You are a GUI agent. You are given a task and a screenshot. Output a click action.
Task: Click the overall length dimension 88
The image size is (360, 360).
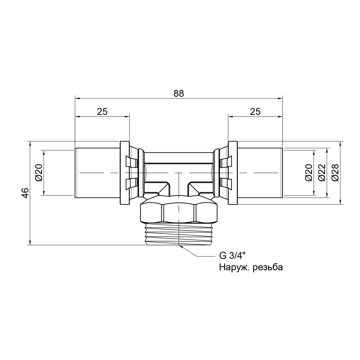[179, 93]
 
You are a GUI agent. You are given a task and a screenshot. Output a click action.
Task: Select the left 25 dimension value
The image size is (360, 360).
[102, 112]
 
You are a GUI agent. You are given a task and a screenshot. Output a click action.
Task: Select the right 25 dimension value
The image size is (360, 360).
[255, 112]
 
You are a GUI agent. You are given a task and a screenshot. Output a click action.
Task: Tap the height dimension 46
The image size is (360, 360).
[26, 193]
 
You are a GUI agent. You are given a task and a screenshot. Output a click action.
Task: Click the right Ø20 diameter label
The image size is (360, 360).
[309, 172]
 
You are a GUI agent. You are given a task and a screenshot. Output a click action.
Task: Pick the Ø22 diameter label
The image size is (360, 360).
[322, 172]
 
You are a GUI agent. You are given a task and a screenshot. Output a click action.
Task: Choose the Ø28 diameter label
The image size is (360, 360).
[335, 172]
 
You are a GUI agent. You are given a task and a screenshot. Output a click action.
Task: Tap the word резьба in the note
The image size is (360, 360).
[268, 267]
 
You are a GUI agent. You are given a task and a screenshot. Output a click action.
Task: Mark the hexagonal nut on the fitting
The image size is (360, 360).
[179, 213]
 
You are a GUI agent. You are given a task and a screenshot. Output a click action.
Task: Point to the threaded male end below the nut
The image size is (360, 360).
[179, 234]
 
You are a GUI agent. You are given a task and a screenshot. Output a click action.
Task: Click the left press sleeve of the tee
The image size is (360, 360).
[97, 173]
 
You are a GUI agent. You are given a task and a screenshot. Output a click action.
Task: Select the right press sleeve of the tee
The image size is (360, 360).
[260, 173]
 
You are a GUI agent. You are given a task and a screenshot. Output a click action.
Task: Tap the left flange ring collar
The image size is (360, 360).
[124, 173]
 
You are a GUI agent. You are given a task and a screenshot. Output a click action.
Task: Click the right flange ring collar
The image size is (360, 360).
[233, 173]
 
